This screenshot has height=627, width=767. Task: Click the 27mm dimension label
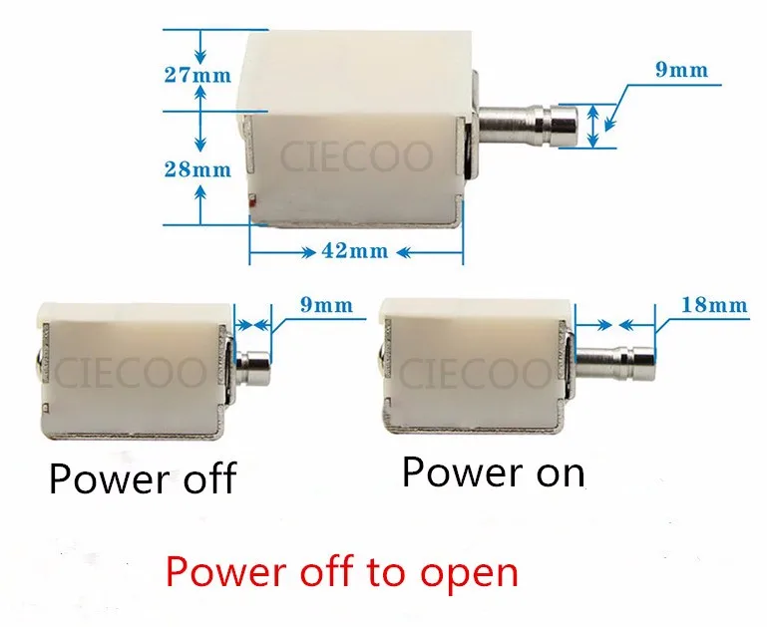coord(197,75)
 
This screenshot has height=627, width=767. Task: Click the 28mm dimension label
coord(197,169)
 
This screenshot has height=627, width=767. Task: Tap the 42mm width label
coord(355,251)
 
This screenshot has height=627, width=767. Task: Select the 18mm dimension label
coord(715,305)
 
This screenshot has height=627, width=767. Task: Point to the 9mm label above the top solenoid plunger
coord(682,70)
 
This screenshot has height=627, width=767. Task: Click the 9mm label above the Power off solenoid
coord(326,305)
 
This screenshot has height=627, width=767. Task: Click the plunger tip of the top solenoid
coord(564,126)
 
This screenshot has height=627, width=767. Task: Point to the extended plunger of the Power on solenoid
coord(615,362)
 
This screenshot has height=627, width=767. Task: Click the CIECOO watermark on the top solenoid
coord(356,157)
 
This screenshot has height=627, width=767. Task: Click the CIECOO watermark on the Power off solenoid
coord(130,373)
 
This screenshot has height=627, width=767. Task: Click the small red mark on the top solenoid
coord(252,199)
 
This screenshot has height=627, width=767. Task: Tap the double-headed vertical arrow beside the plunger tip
coord(592,126)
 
